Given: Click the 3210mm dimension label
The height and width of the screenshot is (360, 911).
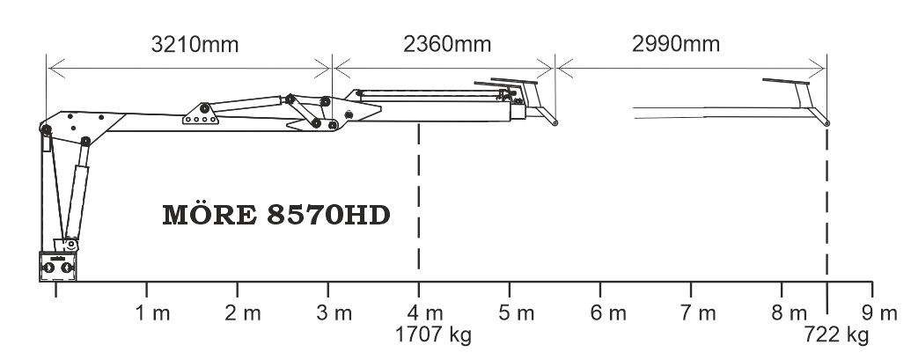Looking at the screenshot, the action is [195, 45].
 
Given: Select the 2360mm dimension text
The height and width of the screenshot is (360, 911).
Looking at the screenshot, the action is [447, 44].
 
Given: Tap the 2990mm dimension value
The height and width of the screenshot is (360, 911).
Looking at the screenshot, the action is [676, 44].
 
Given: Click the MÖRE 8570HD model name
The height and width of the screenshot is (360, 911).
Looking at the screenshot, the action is [276, 215].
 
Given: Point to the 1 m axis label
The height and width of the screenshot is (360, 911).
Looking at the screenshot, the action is [153, 313].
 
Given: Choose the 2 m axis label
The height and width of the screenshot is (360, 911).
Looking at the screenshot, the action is [243, 313].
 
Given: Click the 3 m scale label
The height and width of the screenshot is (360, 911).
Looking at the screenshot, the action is [334, 313].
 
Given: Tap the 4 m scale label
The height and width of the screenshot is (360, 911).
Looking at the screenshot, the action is [425, 313].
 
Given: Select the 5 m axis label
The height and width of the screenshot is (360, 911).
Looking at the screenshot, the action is [516, 313].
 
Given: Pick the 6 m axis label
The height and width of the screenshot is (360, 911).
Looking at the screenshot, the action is [608, 313].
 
